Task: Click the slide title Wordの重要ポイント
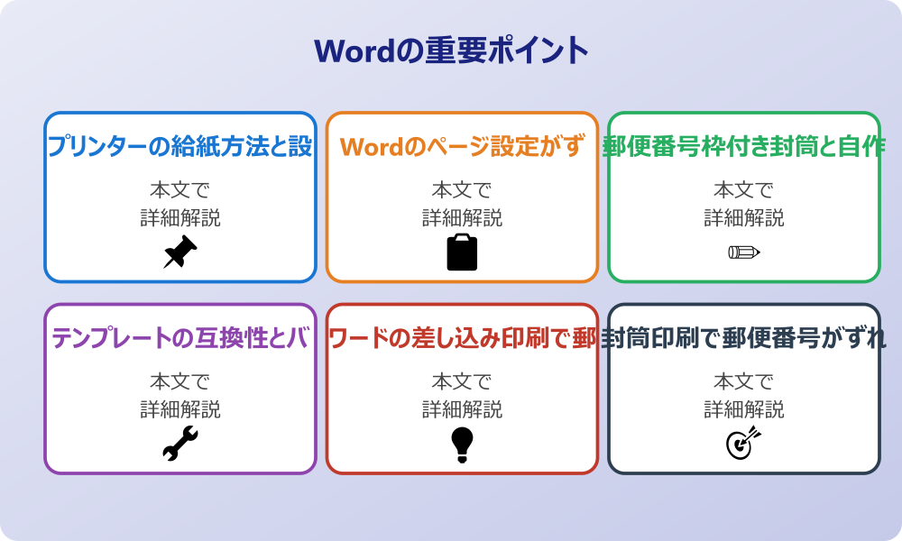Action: coord(451,50)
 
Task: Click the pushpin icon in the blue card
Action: coord(179,252)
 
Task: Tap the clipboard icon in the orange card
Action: coord(462,252)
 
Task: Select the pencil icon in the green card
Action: coord(744,252)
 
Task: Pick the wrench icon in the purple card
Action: coord(179,444)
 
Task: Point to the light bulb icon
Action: coord(462,444)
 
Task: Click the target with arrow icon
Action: coord(744,444)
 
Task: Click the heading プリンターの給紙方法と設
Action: coord(179,146)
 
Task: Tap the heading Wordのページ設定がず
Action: coord(462,146)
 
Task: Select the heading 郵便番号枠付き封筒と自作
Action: coord(744,146)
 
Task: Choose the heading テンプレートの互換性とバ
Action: coord(179,338)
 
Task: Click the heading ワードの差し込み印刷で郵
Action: coord(462,338)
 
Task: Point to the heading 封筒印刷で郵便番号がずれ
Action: coord(744,338)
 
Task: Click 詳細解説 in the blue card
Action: coord(179,217)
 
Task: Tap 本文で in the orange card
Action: coord(462,190)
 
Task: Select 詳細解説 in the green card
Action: coord(744,217)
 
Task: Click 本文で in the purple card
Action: coord(179,382)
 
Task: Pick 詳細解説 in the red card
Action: coord(462,409)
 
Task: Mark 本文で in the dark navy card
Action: coord(744,382)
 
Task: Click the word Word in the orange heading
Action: coord(369,146)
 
